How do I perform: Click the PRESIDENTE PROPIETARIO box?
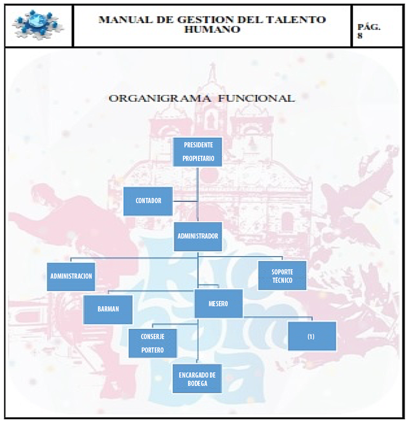tap(197, 152)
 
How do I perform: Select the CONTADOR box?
tap(148, 201)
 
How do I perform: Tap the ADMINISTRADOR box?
tap(198, 236)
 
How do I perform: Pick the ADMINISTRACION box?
tap(71, 277)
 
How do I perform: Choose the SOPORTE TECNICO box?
tap(282, 276)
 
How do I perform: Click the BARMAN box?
tap(108, 309)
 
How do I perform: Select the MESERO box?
tap(219, 304)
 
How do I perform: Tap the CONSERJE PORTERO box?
tap(153, 343)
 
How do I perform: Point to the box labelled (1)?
tap(312, 336)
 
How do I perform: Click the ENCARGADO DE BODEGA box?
tap(197, 379)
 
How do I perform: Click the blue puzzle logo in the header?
tap(37, 25)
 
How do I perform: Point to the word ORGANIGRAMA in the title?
tap(160, 98)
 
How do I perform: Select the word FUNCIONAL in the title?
tap(256, 98)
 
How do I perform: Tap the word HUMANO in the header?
tap(213, 29)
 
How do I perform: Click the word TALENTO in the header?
tap(296, 19)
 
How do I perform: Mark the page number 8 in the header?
tap(360, 35)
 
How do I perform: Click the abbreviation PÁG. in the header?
tap(369, 27)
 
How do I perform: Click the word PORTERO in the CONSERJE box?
tap(153, 350)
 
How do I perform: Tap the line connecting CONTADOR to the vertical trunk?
tap(185, 202)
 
